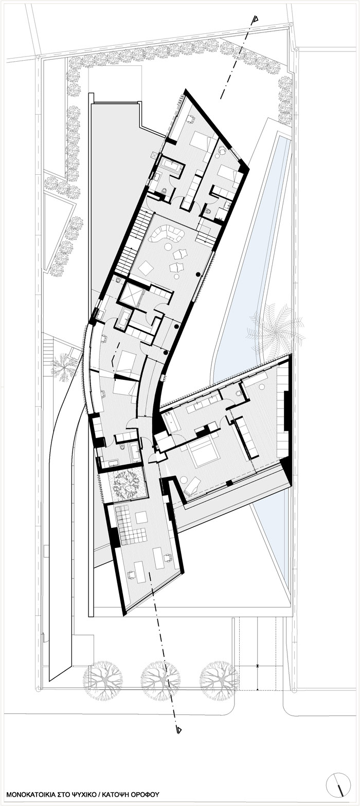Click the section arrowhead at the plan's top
click(x=255, y=20)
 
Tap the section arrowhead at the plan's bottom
click(x=178, y=729)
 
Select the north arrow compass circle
click(x=338, y=786)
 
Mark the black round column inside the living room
click(x=198, y=276)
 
